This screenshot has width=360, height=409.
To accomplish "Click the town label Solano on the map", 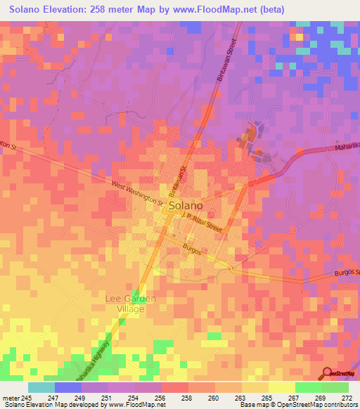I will [x=186, y=206].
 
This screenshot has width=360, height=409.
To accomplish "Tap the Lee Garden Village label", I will [x=131, y=303].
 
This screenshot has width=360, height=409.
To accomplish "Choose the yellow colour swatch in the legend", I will [x=281, y=387].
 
